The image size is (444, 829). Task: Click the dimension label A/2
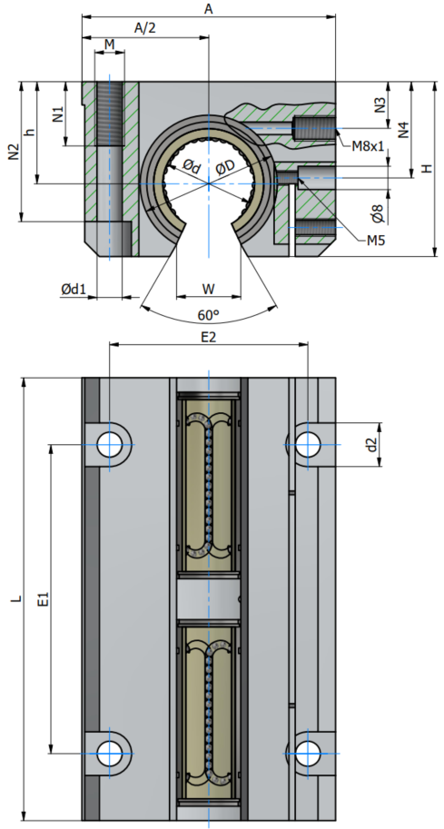click(x=145, y=28)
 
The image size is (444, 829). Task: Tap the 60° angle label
click(x=208, y=316)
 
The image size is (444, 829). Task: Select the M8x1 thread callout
click(x=368, y=146)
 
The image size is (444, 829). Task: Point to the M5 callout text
click(x=376, y=242)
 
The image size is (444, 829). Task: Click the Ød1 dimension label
click(x=73, y=289)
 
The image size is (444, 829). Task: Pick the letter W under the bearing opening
click(x=208, y=289)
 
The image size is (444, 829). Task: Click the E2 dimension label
click(x=209, y=337)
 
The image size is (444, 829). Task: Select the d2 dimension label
click(x=372, y=445)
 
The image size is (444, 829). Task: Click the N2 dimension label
click(x=14, y=152)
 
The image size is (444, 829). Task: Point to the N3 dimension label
click(x=380, y=104)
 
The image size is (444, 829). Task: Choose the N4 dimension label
click(x=403, y=130)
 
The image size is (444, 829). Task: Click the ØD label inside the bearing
click(x=226, y=168)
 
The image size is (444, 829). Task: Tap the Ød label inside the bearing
click(x=192, y=167)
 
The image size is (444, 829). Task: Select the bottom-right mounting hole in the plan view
click(x=308, y=753)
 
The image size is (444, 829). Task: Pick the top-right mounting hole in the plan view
click(x=308, y=444)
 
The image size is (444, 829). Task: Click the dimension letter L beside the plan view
click(x=17, y=599)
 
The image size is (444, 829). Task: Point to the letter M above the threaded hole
click(x=109, y=44)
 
